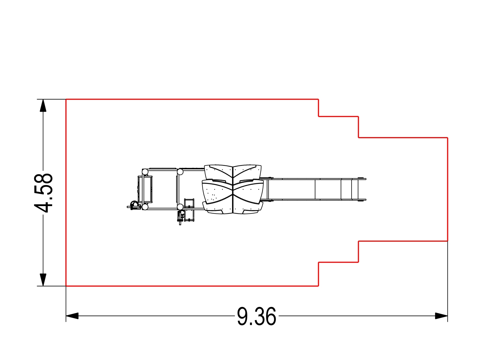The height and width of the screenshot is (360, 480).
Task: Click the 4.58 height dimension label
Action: [x=43, y=193]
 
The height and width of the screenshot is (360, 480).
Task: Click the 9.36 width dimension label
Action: [x=256, y=316]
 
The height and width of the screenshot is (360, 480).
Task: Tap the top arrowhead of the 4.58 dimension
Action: [x=43, y=106]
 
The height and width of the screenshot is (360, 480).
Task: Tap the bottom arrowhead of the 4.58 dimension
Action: [x=43, y=280]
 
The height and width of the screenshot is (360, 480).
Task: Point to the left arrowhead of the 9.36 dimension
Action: [x=72, y=316]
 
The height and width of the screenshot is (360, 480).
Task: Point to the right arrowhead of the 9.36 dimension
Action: [x=441, y=316]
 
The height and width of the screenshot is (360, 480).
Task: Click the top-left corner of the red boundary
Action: [x=66, y=100]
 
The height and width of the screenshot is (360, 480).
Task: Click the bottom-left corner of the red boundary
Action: [x=66, y=286]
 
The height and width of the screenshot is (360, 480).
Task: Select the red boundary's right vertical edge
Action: [x=448, y=189]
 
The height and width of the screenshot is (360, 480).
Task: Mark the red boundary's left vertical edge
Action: [x=66, y=193]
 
